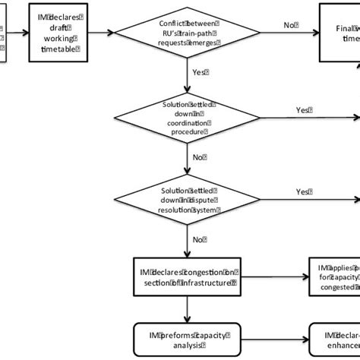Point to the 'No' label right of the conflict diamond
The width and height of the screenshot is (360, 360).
[289, 26]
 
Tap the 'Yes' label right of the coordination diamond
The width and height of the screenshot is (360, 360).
[302, 109]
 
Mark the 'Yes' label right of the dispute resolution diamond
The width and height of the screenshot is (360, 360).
[302, 191]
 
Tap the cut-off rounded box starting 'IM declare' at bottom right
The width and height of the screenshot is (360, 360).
[334, 337]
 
